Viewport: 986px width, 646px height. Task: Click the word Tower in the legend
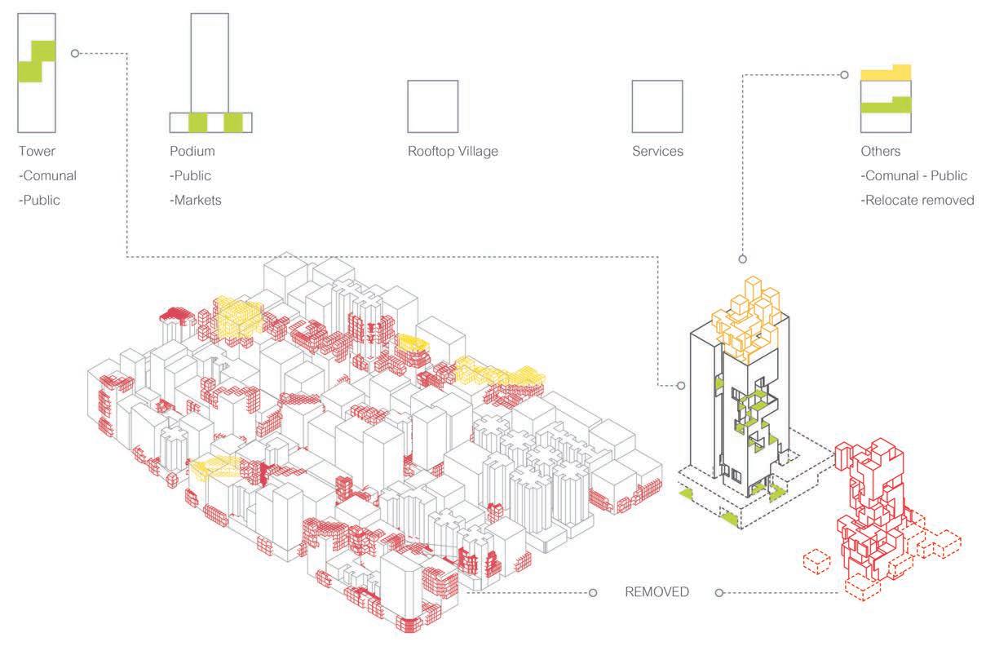click(x=37, y=152)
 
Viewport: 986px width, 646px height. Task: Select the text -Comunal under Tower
click(x=47, y=175)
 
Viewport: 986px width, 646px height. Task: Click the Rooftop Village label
click(x=453, y=152)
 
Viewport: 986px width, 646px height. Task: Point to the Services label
click(x=657, y=152)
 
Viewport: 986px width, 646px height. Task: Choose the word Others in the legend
click(x=881, y=152)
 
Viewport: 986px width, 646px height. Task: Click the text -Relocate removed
click(x=917, y=200)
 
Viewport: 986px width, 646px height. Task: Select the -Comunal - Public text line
click(x=914, y=175)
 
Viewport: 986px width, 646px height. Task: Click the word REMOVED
click(x=657, y=592)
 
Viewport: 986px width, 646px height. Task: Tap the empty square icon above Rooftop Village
click(x=432, y=106)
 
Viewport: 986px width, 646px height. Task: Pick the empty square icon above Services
click(x=657, y=106)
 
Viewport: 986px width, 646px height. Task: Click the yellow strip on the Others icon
click(x=886, y=73)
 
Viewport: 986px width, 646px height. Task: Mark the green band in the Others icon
click(x=886, y=104)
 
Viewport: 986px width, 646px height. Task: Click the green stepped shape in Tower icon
click(x=37, y=61)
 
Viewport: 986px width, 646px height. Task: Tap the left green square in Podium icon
click(x=197, y=122)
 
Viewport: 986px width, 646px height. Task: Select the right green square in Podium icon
click(x=233, y=122)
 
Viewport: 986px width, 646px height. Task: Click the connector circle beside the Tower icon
click(x=75, y=54)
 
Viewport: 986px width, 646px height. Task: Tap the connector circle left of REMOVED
click(x=595, y=592)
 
